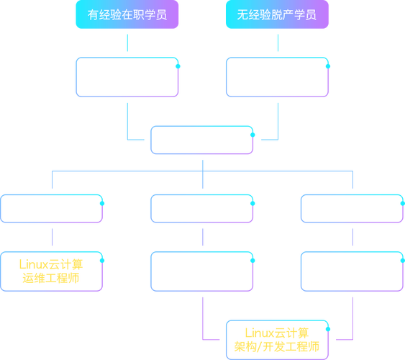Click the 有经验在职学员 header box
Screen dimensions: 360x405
click(x=127, y=15)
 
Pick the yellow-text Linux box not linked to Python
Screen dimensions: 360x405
click(x=53, y=271)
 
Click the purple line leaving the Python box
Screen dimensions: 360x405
click(x=202, y=317)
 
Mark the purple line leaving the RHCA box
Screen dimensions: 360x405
click(x=350, y=317)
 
